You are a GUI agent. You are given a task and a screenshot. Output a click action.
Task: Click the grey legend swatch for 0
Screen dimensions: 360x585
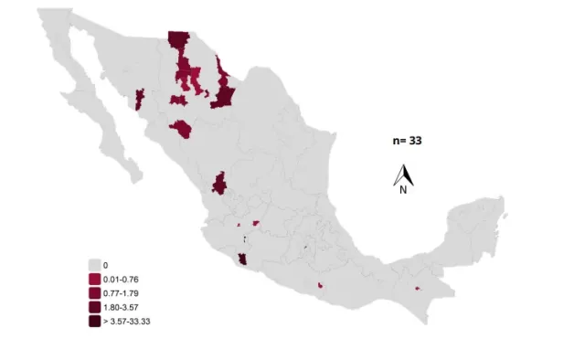tap(95, 264)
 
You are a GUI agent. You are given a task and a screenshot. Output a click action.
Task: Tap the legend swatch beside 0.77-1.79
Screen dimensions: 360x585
tap(95, 292)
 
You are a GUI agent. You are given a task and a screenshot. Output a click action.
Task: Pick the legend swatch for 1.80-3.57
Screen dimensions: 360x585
tap(95, 307)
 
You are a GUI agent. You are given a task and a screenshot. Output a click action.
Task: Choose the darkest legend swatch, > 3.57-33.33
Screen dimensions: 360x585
tap(95, 322)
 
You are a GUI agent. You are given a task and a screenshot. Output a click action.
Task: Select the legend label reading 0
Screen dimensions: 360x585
tap(106, 264)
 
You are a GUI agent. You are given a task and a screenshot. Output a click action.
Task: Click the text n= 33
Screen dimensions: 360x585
tap(402, 142)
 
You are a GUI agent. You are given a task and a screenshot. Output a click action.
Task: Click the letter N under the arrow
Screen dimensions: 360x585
tap(402, 190)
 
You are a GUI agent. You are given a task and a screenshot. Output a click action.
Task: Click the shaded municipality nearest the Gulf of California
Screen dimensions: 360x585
tap(140, 99)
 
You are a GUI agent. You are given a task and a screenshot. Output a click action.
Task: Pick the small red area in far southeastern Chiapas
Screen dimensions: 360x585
tap(416, 289)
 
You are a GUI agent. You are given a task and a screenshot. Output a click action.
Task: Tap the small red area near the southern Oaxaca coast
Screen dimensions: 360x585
tap(321, 285)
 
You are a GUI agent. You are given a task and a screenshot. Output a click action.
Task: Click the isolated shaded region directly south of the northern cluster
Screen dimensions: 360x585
tap(181, 129)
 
